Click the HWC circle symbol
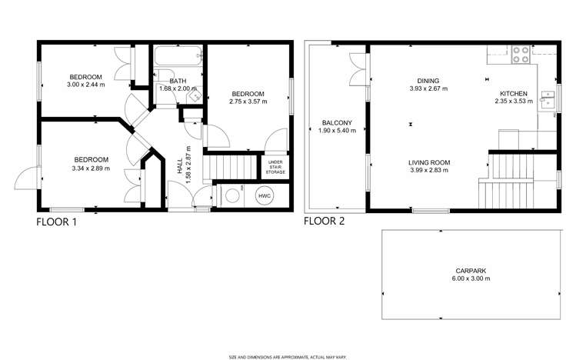(265, 196)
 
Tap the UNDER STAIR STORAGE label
(275, 167)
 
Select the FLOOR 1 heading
(57, 222)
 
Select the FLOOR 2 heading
(325, 221)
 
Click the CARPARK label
(471, 271)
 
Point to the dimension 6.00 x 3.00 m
(471, 278)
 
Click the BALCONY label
(337, 123)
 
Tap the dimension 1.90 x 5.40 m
(337, 131)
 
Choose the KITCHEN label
(514, 94)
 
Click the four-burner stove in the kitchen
(521, 55)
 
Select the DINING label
(428, 81)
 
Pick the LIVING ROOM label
(429, 163)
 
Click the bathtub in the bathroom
(178, 56)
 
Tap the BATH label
(178, 81)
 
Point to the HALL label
(180, 166)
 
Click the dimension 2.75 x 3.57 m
(248, 102)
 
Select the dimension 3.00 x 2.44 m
(85, 85)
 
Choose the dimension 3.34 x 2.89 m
(91, 168)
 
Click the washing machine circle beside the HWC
(232, 196)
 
